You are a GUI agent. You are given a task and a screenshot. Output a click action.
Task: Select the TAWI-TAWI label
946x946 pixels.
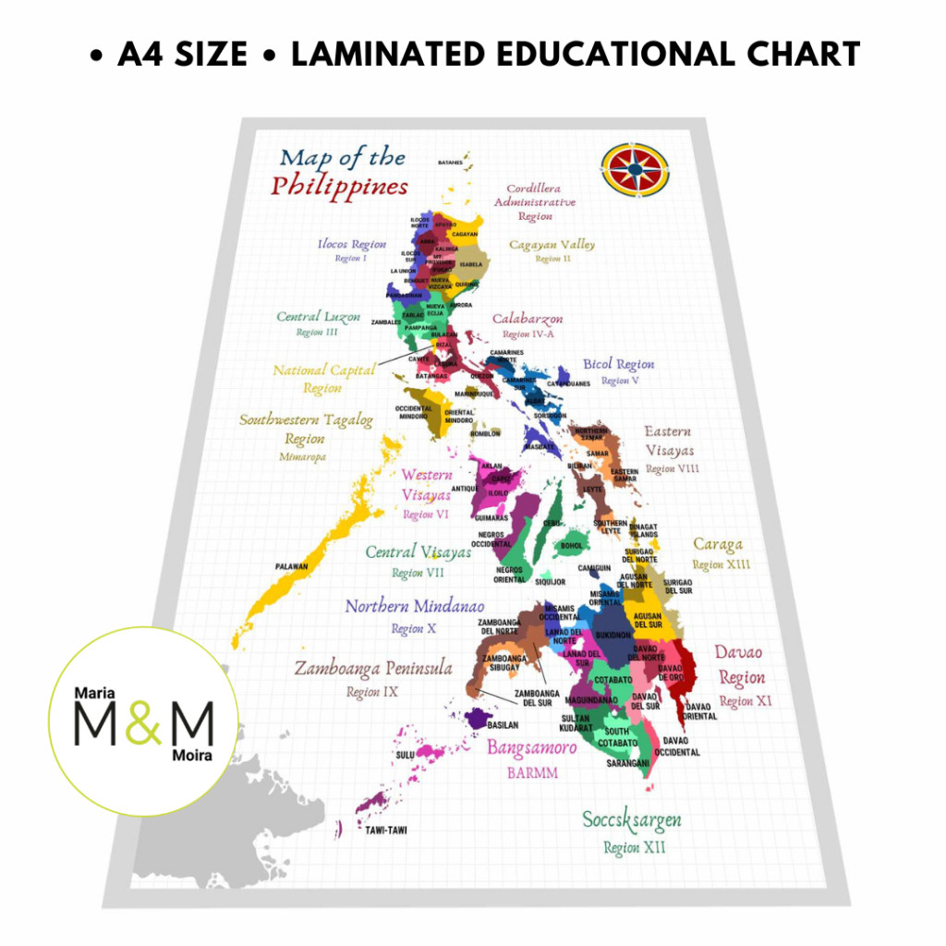(x=386, y=830)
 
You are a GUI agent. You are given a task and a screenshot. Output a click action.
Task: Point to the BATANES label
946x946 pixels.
(x=450, y=163)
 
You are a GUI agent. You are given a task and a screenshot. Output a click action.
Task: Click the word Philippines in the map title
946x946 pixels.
(x=339, y=186)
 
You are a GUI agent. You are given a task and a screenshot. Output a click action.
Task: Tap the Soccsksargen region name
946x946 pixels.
(x=632, y=819)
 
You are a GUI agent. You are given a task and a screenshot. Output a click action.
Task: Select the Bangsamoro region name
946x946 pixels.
(x=531, y=747)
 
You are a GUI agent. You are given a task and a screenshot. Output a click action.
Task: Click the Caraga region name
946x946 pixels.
(x=718, y=544)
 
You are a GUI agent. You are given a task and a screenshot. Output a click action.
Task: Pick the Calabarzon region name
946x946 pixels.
(x=527, y=319)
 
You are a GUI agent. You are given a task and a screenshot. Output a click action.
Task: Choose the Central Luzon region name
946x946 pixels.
(x=311, y=317)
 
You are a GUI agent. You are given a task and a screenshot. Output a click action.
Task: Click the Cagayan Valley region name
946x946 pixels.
(x=552, y=245)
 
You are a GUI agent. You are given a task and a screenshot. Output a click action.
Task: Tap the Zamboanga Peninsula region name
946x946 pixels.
(x=372, y=668)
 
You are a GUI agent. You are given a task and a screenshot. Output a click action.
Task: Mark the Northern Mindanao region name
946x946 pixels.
(x=414, y=607)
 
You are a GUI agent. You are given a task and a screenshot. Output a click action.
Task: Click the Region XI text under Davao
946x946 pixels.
(x=745, y=701)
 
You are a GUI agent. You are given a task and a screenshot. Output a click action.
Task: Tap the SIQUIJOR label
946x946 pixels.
(x=551, y=582)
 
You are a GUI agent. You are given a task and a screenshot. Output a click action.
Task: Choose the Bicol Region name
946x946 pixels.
(x=618, y=364)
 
